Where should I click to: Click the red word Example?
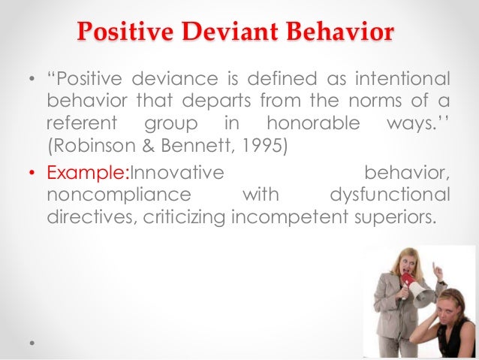pyautogui.click(x=86, y=174)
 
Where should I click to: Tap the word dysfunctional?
pyautogui.click(x=390, y=195)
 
